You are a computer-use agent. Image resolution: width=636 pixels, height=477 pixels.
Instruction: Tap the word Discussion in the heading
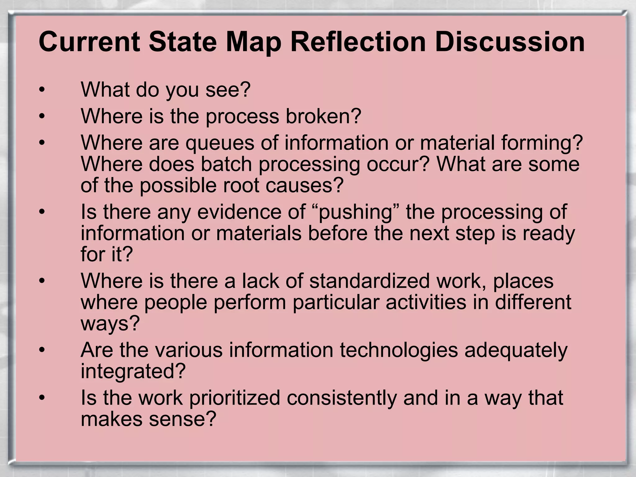[510, 42]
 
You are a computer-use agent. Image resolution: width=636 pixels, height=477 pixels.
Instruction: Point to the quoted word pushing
[355, 212]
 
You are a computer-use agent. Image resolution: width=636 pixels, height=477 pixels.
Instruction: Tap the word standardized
[369, 281]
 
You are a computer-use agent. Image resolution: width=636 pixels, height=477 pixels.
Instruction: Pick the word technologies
[399, 350]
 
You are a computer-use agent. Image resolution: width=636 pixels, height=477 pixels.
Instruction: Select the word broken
[320, 116]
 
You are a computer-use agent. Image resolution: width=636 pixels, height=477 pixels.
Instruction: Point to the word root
[239, 185]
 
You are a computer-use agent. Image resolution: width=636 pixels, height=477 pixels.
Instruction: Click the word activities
[426, 302]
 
